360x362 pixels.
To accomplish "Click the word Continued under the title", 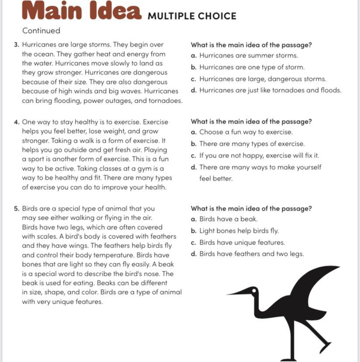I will (41, 31).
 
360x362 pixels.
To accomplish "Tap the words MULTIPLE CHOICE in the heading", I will (192, 16).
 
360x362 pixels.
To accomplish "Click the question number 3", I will (16, 45).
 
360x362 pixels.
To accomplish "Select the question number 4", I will (16, 122).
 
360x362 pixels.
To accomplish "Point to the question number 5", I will (16, 209).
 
